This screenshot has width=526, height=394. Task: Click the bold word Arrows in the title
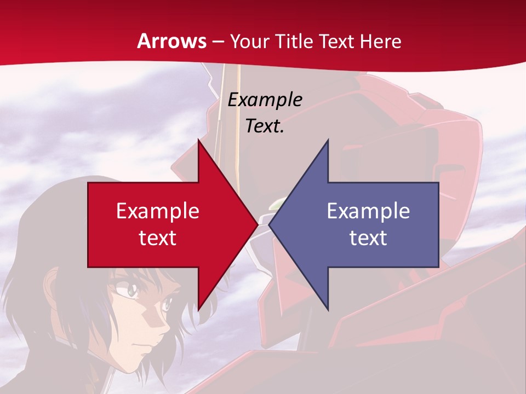(x=172, y=41)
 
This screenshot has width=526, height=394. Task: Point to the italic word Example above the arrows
(x=265, y=100)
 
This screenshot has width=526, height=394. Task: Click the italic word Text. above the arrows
(x=265, y=126)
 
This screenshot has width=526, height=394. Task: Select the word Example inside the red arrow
(x=158, y=211)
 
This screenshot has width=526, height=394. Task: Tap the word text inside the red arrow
(x=158, y=237)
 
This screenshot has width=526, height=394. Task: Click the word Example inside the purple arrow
(x=368, y=211)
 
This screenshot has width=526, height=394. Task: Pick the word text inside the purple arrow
(x=368, y=237)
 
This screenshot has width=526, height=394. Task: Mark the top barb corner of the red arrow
(x=199, y=141)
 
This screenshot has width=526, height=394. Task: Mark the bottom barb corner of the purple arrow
(x=328, y=310)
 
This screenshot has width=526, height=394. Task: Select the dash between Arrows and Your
(x=218, y=41)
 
